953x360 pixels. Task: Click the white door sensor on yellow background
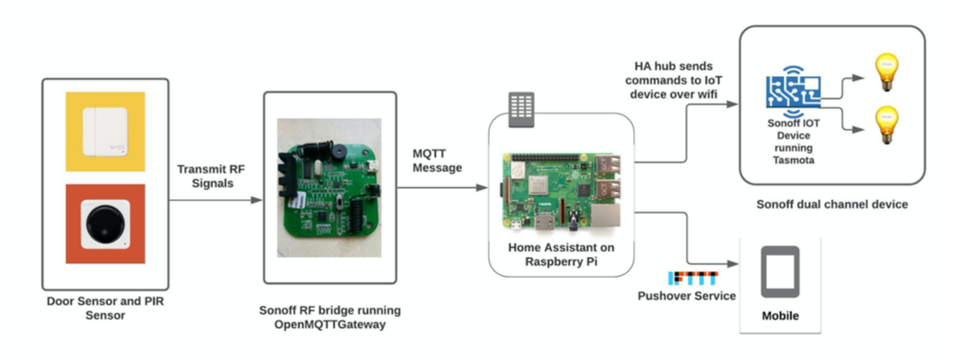105,129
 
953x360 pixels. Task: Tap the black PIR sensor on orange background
105,223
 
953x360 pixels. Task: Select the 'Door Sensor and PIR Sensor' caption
106,308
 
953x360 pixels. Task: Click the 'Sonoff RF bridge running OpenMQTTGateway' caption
328,317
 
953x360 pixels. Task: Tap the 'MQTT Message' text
437,161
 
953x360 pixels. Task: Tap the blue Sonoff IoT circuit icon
793,93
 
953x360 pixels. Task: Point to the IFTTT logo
693,279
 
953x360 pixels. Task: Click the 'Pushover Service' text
688,296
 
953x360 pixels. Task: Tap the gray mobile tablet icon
780,273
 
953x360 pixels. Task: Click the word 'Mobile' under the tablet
780,315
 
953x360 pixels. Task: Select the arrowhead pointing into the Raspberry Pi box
482,188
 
